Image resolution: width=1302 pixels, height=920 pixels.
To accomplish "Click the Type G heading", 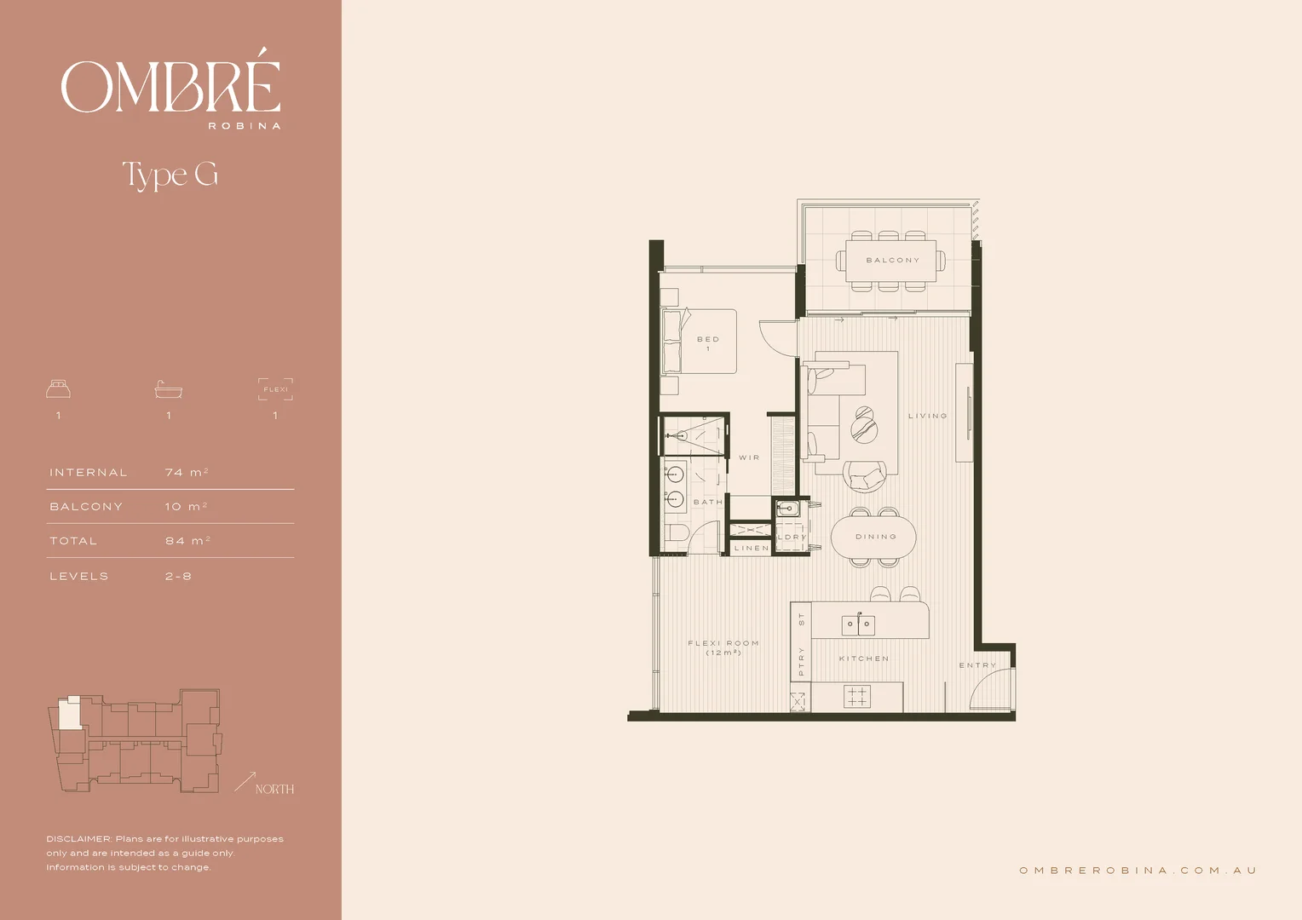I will pos(170,175).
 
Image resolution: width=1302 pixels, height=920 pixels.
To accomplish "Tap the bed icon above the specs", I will pos(58,389).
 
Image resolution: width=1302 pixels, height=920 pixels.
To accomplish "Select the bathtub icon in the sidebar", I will pos(169,389).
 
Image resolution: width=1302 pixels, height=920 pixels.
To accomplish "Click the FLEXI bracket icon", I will pos(275,389).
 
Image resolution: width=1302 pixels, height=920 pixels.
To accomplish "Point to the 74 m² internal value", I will pos(187,472).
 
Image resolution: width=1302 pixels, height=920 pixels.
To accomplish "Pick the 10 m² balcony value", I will pos(186,506).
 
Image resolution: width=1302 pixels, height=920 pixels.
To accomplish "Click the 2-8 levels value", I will pos(178,577).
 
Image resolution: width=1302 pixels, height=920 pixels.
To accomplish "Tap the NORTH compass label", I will pos(274,790).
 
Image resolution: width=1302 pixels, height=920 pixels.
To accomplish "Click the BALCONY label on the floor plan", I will pos(892,261).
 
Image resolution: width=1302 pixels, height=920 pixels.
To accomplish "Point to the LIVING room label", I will pos(927,417).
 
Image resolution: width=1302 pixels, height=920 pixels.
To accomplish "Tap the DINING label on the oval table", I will pos(876,537).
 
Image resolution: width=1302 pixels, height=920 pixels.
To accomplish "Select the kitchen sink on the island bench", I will pos(858,624).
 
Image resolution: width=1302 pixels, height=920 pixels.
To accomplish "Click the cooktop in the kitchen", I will pos(857,696).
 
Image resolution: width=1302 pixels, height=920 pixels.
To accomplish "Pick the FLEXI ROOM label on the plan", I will pos(723,644).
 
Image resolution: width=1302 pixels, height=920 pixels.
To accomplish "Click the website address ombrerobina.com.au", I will pos(1138,871).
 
